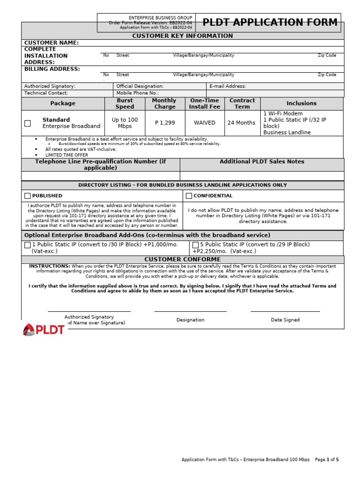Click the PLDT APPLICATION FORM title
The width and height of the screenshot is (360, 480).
coord(270,22)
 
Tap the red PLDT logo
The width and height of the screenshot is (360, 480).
coord(44,330)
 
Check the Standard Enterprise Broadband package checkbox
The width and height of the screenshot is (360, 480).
coord(28,123)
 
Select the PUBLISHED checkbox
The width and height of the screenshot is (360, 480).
coord(28,196)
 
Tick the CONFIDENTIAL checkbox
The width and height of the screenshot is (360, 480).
coord(189,196)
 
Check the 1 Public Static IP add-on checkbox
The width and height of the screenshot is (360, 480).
coord(28,245)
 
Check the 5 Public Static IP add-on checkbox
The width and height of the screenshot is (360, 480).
coord(195,245)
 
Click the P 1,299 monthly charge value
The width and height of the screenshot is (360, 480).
coord(164,123)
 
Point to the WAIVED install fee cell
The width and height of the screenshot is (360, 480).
coord(204,123)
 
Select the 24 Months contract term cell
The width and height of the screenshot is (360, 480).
coord(242,123)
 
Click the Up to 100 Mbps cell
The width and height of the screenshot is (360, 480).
coord(125,123)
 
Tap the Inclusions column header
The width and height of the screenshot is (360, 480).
coord(301,103)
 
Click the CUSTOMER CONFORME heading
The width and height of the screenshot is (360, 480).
coord(182,259)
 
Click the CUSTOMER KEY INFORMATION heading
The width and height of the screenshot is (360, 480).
coord(182,36)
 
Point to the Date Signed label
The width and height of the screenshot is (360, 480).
coord(285,320)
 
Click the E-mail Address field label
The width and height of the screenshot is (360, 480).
coord(227,86)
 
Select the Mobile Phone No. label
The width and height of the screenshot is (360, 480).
coord(137,93)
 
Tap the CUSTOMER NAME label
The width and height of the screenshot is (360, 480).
coord(52,43)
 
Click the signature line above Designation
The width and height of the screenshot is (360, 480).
coord(190,311)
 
